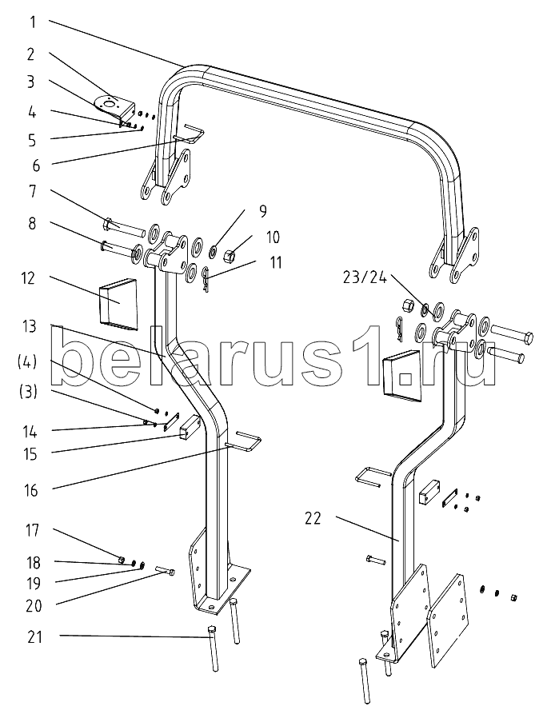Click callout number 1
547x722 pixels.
32,22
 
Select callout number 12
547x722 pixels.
28,278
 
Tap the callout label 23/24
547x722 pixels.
364,277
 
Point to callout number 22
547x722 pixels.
312,518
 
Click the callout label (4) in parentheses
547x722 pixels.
28,363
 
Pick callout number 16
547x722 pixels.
30,490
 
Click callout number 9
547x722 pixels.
262,211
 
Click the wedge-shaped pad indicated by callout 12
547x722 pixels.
118,305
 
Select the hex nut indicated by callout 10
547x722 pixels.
229,253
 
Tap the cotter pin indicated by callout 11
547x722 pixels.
206,280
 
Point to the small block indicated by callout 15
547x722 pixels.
188,428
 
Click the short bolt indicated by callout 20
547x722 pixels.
166,571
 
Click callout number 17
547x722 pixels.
32,530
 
